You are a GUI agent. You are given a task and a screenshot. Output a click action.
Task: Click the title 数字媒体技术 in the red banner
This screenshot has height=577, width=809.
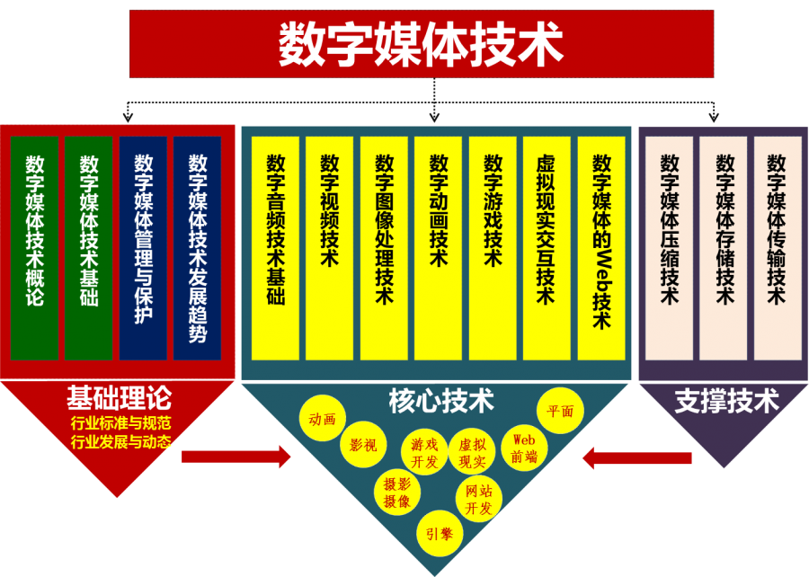pos(421,43)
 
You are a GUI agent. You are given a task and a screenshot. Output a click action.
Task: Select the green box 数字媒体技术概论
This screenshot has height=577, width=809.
pos(34,247)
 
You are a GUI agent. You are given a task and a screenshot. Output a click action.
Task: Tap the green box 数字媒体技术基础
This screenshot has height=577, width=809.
pos(88,247)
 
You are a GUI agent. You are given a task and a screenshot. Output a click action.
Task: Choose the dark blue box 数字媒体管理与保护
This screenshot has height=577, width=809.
pos(143,247)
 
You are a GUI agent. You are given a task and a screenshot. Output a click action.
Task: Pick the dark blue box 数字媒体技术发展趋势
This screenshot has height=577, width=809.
pos(198,247)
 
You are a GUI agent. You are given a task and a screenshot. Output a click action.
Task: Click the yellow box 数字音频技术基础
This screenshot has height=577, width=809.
pos(275,247)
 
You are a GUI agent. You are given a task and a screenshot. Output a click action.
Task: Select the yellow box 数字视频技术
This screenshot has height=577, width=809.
pos(330,247)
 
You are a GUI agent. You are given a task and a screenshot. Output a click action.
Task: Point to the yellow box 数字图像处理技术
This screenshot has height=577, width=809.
pos(385,247)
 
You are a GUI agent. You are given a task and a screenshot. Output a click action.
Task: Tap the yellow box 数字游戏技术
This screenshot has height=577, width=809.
pos(493,247)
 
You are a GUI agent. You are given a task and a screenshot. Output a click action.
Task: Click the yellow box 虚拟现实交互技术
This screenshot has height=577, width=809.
pos(547,247)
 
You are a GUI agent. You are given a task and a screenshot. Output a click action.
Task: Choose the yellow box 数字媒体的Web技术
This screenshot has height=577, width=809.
pos(601,247)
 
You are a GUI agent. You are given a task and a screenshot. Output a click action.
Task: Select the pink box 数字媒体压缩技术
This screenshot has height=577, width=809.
pos(669,247)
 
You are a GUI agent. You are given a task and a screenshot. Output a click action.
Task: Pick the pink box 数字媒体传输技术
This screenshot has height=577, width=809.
pos(778,247)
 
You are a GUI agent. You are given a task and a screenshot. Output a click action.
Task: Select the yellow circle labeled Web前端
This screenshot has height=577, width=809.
pos(523,448)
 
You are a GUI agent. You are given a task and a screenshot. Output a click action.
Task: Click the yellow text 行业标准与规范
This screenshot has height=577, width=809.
pos(120,422)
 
